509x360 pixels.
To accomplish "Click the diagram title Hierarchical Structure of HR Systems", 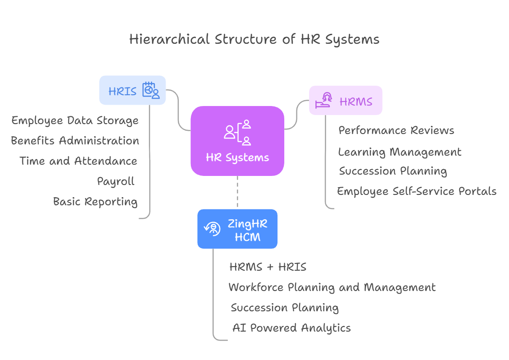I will tap(254, 39).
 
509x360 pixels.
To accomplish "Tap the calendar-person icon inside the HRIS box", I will tap(151, 90).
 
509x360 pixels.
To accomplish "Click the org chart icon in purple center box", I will tap(237, 132).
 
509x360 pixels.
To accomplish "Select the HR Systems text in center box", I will tap(237, 157).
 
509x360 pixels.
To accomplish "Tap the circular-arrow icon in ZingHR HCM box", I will tap(212, 228).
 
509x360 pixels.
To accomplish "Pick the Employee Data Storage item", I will tap(75, 120).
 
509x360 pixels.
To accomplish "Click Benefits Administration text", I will tap(75, 141).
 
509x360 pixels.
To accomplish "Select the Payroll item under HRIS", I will tap(116, 181).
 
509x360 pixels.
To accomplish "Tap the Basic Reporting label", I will tap(95, 202).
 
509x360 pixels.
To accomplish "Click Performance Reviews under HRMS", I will tap(396, 131).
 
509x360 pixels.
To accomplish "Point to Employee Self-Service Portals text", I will tap(416, 191).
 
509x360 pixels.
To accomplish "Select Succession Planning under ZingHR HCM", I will tap(285, 308).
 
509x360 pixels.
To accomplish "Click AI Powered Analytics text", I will tap(292, 328).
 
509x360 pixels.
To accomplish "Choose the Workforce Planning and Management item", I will tap(332, 287).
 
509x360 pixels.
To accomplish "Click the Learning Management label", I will tap(400, 152).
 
